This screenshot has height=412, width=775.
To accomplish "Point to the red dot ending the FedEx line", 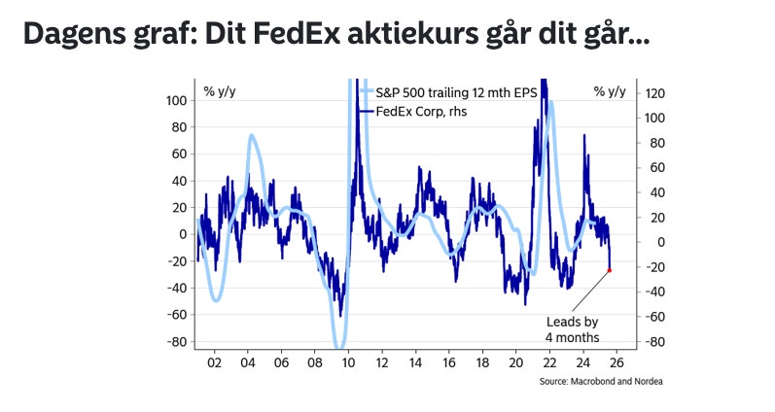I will (610, 271).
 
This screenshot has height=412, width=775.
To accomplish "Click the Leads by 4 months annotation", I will (572, 328).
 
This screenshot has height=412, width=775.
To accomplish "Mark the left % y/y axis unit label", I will (219, 92).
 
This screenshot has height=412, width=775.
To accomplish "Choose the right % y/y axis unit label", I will (610, 92).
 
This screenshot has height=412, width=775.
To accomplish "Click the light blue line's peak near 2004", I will (251, 136).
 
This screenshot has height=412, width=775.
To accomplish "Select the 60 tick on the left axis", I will (179, 154).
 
